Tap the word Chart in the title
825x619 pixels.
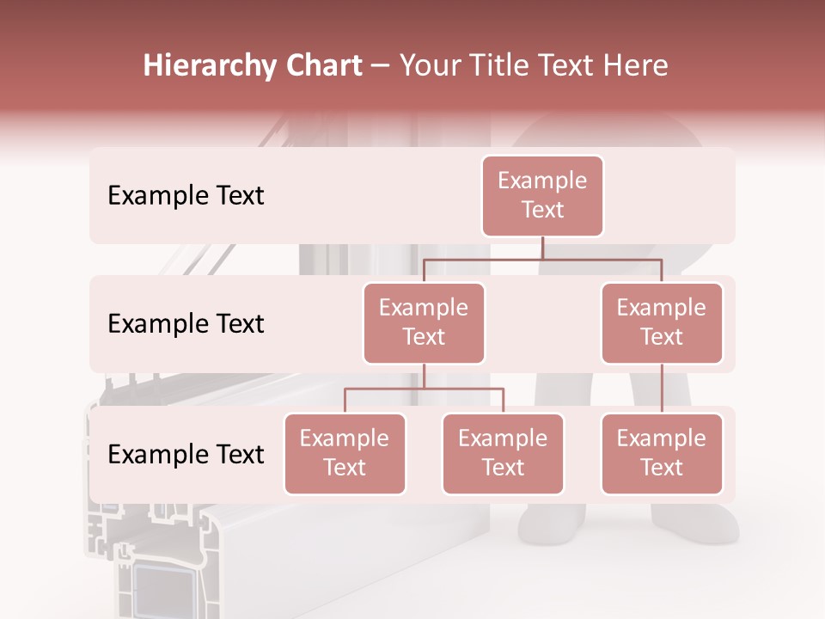319,66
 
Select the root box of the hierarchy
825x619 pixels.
542,195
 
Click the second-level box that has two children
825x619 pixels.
424,322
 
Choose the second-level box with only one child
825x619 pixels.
662,322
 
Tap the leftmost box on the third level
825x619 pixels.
345,453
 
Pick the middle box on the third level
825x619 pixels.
503,453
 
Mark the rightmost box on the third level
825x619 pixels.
662,453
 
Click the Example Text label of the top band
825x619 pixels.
186,196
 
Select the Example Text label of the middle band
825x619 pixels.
186,324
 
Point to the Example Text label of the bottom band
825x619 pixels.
186,455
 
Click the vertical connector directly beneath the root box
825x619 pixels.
542,248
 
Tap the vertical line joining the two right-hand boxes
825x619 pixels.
662,389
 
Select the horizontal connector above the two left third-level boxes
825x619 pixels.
424,389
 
